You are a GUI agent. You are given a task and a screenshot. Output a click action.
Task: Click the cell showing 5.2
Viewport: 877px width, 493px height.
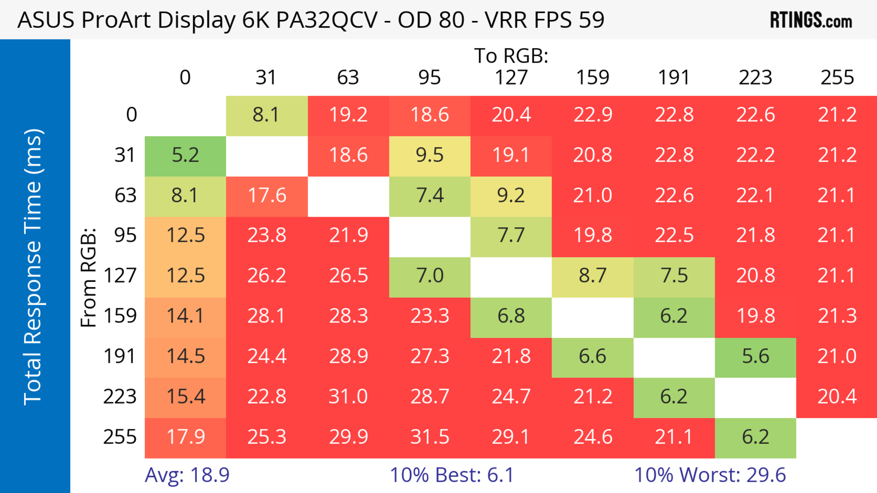(185, 155)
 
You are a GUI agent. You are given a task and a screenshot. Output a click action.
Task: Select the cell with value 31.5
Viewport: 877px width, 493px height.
(430, 437)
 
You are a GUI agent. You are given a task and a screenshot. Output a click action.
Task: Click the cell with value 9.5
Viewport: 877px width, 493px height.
(430, 155)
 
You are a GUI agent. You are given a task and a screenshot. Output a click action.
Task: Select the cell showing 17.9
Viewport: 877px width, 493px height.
(185, 437)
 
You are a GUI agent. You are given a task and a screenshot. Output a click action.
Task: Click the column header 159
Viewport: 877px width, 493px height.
(592, 78)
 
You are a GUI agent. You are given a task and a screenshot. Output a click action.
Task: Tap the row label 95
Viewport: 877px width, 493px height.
(125, 235)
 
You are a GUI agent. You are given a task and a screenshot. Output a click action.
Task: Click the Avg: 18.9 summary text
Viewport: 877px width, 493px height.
(187, 475)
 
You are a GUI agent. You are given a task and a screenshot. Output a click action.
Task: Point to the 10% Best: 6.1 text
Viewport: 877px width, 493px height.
(452, 475)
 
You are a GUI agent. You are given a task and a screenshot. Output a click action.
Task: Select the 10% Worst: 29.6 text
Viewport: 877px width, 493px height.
(710, 475)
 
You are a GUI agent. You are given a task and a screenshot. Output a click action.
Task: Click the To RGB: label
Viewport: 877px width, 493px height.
(511, 56)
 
